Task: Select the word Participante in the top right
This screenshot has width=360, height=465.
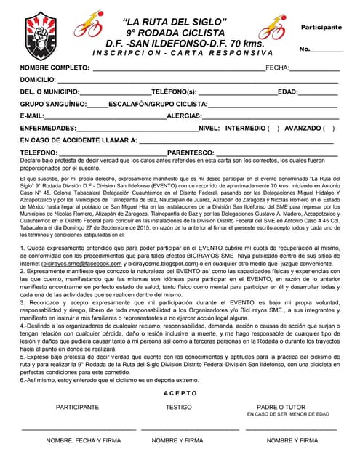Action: click(x=321, y=27)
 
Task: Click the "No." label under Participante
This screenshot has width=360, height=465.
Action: click(x=305, y=49)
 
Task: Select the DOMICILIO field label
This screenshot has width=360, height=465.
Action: click(x=38, y=80)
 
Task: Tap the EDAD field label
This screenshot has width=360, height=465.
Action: click(x=289, y=92)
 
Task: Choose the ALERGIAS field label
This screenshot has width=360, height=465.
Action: click(x=184, y=116)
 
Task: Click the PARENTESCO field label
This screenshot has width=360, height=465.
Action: click(x=191, y=153)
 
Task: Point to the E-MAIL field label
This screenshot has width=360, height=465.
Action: click(x=33, y=116)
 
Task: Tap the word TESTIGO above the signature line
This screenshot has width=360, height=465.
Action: click(x=179, y=408)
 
